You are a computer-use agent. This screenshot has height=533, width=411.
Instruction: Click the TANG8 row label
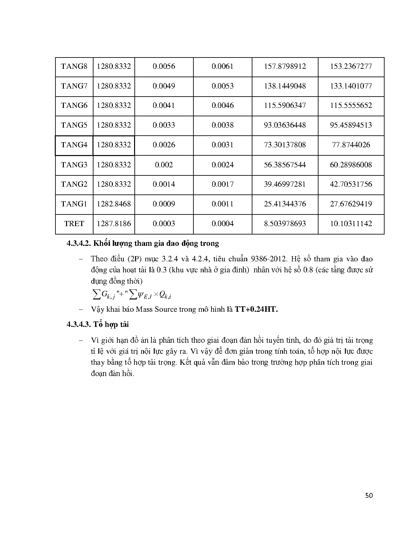(x=74, y=67)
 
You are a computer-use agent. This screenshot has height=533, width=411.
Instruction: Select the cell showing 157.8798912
(x=285, y=67)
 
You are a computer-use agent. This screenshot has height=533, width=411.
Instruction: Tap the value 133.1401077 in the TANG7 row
(x=351, y=86)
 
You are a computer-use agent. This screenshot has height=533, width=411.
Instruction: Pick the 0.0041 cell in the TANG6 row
(x=164, y=105)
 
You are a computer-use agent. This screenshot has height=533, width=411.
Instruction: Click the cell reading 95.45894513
(x=351, y=125)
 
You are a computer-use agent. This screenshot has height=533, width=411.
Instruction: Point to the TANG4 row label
(x=74, y=145)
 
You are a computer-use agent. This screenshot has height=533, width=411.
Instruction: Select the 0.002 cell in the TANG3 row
(x=164, y=165)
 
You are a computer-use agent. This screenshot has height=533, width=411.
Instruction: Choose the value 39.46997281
(x=285, y=184)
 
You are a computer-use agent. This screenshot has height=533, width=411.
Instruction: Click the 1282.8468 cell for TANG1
(x=114, y=204)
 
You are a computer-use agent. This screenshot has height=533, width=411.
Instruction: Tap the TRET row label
(x=74, y=224)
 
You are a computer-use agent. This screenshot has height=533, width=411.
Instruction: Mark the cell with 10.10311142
(x=351, y=224)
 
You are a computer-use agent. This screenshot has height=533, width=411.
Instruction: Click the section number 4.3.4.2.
(x=79, y=244)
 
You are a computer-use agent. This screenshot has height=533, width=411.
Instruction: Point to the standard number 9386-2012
(x=269, y=259)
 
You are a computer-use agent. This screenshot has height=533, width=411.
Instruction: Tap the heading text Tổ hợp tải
(x=111, y=324)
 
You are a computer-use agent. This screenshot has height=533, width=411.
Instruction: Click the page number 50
(x=369, y=496)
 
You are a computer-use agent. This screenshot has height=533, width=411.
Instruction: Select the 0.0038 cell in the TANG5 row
(x=222, y=125)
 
